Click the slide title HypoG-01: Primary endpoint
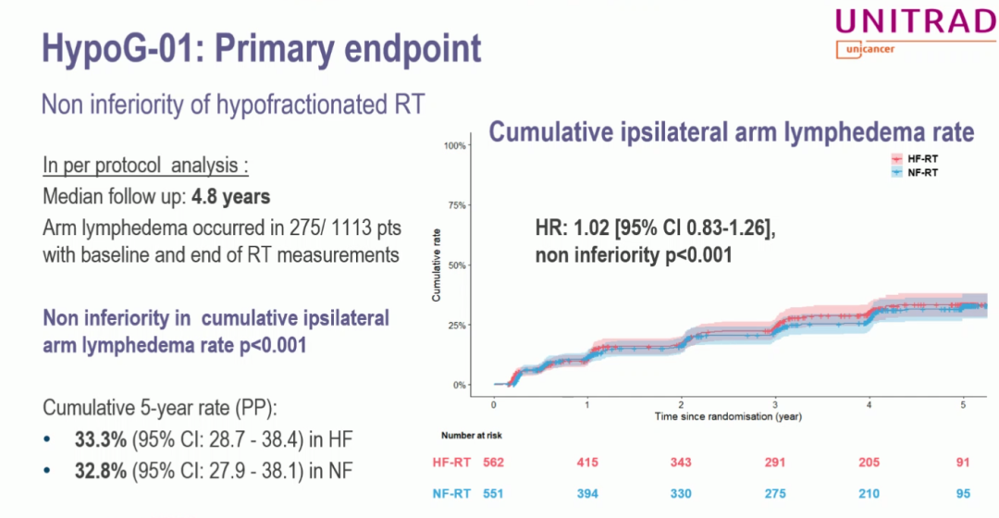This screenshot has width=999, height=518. [x=262, y=48]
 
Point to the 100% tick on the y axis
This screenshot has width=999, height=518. [x=454, y=145]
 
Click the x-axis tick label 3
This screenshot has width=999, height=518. [x=775, y=404]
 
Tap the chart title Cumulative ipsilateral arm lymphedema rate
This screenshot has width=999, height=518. [x=731, y=132]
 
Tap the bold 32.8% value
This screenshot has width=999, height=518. [x=99, y=472]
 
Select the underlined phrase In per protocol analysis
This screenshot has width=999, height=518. [x=145, y=166]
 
